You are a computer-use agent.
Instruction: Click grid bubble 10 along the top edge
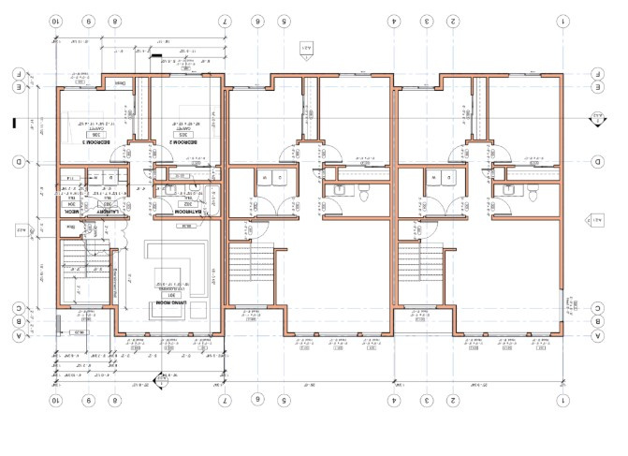56,20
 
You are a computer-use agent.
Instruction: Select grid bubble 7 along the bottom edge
225,400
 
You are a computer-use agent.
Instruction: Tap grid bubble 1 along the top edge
562,20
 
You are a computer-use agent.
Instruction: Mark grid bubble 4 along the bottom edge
395,400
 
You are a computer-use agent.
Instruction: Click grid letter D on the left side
18,162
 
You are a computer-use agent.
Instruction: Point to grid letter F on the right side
597,73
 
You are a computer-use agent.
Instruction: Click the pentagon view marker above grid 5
304,48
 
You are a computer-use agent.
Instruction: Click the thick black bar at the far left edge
11,121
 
